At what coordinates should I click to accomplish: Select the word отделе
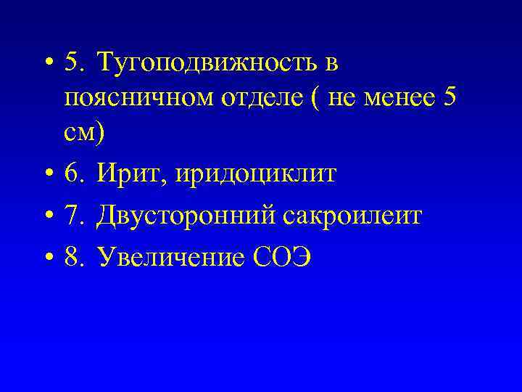[247, 98]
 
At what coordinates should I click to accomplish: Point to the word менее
[399, 98]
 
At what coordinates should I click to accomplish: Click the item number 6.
[75, 174]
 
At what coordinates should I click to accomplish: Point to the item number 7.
[75, 216]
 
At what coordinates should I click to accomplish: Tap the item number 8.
[75, 258]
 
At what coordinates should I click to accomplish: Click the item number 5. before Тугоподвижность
[75, 64]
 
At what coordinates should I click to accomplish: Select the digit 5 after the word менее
[449, 98]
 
